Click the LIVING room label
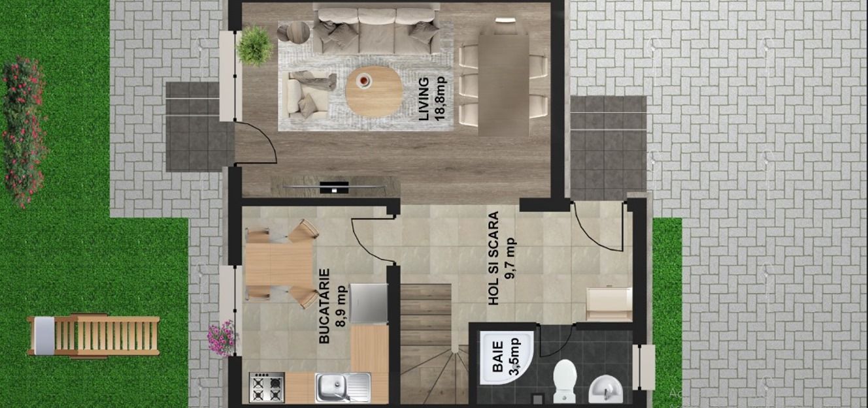[x=424, y=99]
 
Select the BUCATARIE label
[x=324, y=306]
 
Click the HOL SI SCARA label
[x=494, y=258]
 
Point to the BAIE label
[x=498, y=359]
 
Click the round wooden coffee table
[x=374, y=91]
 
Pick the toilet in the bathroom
[x=565, y=381]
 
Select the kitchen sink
[x=342, y=387]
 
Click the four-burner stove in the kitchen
[x=267, y=387]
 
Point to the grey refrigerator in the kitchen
[x=369, y=303]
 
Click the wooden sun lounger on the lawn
[x=93, y=336]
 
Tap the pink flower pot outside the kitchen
[x=222, y=337]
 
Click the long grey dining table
[x=503, y=84]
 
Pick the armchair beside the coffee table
[x=308, y=93]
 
